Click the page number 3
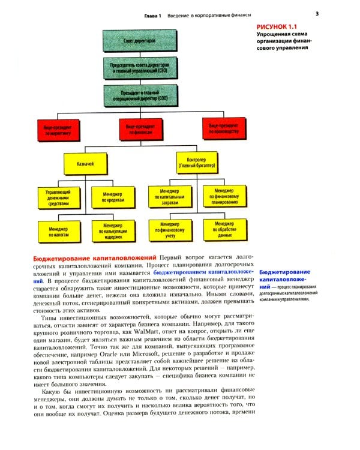(x=317, y=14)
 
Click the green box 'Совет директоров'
(x=140, y=40)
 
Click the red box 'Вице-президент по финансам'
(x=140, y=130)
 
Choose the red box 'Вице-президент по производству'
(x=223, y=130)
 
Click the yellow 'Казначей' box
(x=86, y=163)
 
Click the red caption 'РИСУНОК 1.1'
(x=277, y=27)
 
